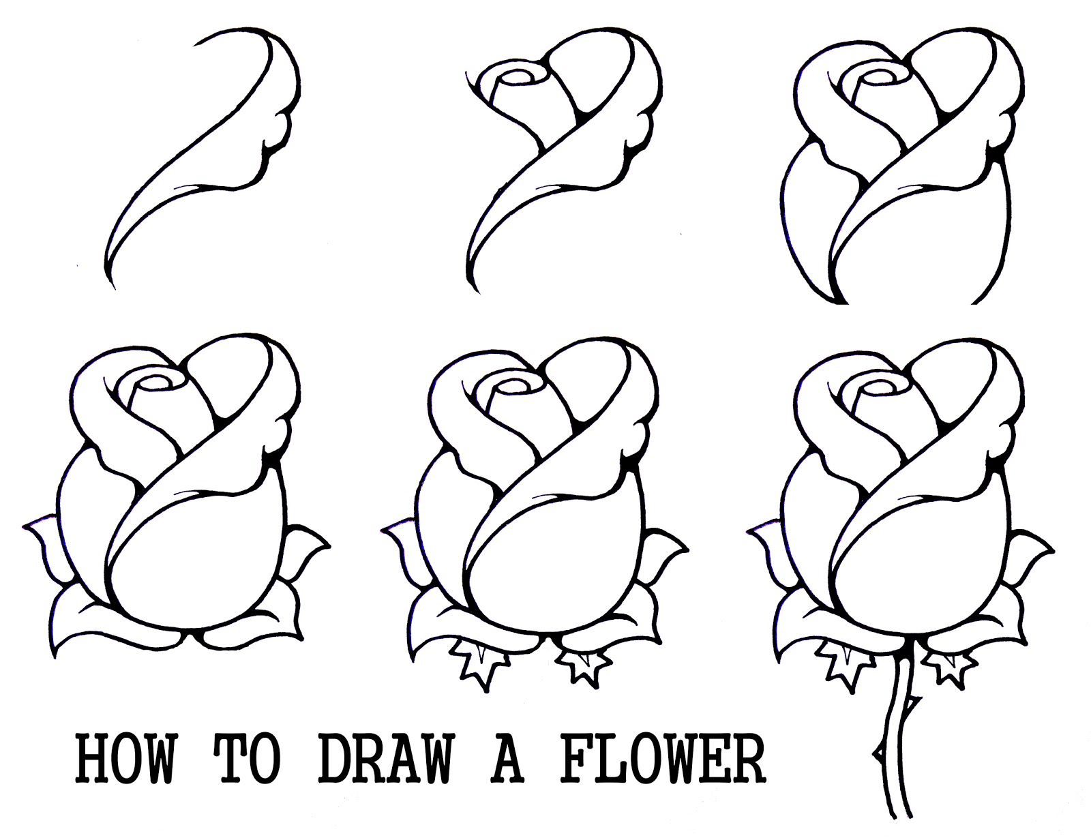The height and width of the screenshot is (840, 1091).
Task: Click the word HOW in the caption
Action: click(x=125, y=759)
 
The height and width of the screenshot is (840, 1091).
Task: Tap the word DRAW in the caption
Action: click(x=385, y=759)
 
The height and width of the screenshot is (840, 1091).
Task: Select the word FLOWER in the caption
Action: click(x=663, y=759)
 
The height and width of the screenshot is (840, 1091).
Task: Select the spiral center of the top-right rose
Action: click(x=875, y=77)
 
